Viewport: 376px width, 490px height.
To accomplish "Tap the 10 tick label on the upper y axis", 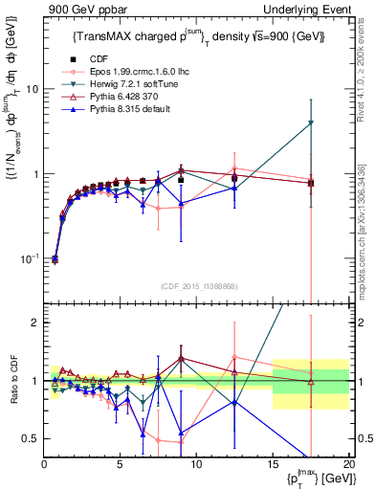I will tap(32, 89).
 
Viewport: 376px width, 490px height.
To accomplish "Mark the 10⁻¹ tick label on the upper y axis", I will tap(29, 259).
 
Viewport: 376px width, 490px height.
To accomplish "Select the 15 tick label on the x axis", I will tap(273, 465).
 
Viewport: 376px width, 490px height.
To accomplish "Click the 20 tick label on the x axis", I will tap(348, 465).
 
